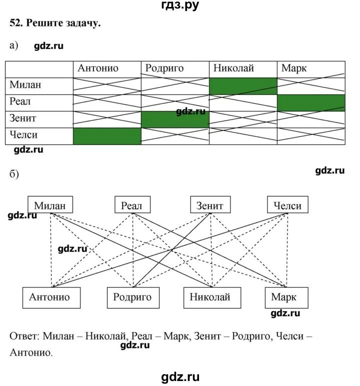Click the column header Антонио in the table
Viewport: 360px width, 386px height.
pos(98,68)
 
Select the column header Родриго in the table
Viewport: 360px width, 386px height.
pos(162,68)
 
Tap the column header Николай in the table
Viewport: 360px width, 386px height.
pos(233,68)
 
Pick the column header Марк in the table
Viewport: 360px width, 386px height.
pos(294,68)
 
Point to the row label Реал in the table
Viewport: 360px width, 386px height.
pos(20,102)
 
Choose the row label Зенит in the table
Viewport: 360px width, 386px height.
pos(23,119)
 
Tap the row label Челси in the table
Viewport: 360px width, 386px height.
pos(24,135)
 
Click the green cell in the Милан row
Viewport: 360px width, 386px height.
pos(243,86)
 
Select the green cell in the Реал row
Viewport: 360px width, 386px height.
pos(311,103)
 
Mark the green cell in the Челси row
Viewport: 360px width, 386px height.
pos(107,136)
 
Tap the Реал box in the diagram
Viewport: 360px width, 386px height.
pos(132,205)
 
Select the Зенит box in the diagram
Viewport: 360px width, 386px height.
pos(210,205)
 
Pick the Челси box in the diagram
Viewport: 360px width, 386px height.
pos(287,205)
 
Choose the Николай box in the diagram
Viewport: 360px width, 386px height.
pos(210,298)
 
